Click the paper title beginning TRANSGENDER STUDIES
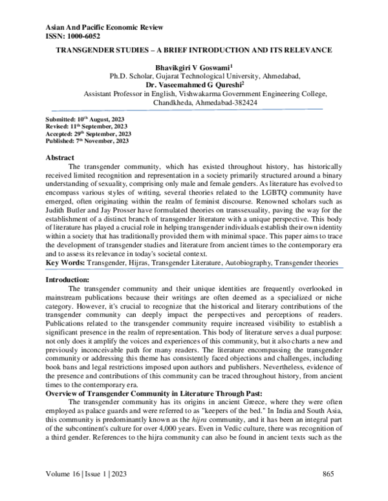pos(194,50)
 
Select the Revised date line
pos(83,128)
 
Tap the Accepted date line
pos(85,134)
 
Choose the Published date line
pos(83,141)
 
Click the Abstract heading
pos(61,158)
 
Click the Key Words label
pos(67,263)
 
